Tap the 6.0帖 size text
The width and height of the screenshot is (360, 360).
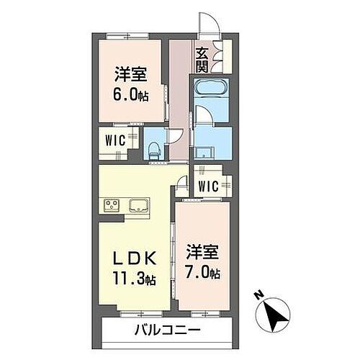(130, 94)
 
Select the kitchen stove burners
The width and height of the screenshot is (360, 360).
(113, 205)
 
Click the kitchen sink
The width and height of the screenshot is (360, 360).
(139, 206)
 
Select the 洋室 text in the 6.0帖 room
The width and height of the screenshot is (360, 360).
(130, 73)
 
